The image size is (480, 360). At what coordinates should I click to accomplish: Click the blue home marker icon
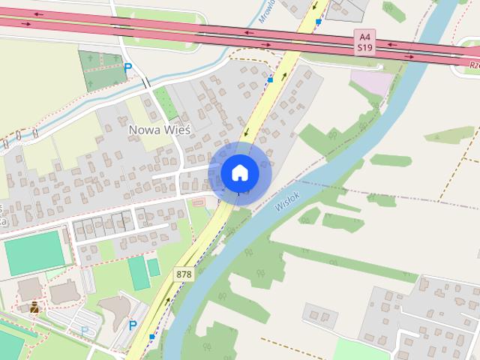tap(239, 173)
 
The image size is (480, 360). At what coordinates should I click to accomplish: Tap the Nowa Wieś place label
tap(160, 129)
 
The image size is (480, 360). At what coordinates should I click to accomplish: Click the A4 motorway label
tap(364, 36)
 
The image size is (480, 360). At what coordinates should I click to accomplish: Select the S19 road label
tap(364, 47)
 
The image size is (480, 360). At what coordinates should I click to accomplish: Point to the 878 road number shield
tap(184, 274)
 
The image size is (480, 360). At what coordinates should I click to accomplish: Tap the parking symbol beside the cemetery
tap(127, 67)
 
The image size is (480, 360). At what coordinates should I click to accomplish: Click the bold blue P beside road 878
tap(132, 325)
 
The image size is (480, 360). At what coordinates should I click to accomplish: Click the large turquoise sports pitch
tap(34, 253)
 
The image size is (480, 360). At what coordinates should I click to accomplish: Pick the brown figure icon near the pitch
tap(34, 306)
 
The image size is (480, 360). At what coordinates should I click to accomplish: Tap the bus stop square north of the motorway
tap(319, 22)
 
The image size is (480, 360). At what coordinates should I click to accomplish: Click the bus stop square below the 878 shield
tap(151, 337)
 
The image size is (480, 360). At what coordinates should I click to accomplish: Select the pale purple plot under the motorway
tap(371, 80)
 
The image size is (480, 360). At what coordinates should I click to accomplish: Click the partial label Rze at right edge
tap(472, 64)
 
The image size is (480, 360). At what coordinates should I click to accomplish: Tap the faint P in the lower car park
tap(84, 330)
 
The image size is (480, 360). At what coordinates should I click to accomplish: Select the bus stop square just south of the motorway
tap(270, 78)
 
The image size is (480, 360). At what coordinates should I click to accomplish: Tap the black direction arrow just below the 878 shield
tap(169, 301)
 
